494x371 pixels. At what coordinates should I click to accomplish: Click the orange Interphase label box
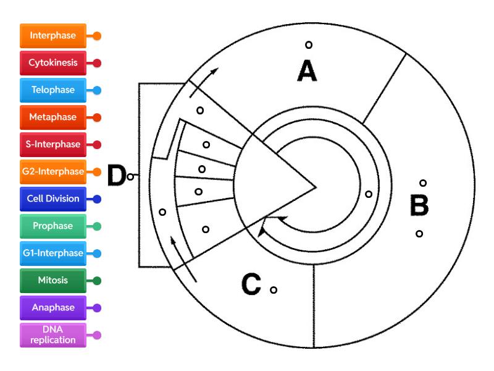[x=53, y=36]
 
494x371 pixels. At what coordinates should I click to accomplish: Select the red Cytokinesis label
[x=53, y=63]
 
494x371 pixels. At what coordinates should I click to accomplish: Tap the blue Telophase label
[x=53, y=90]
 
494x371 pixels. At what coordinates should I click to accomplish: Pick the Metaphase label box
[x=53, y=117]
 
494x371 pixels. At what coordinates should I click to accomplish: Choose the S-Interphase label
[x=53, y=145]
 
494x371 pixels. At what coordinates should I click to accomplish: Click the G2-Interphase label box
[x=53, y=172]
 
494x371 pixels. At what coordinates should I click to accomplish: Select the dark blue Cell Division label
[x=53, y=199]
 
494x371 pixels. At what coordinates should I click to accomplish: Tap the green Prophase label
[x=53, y=226]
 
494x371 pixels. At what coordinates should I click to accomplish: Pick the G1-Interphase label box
[x=53, y=254]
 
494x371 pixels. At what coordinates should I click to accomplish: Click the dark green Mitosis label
[x=53, y=281]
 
